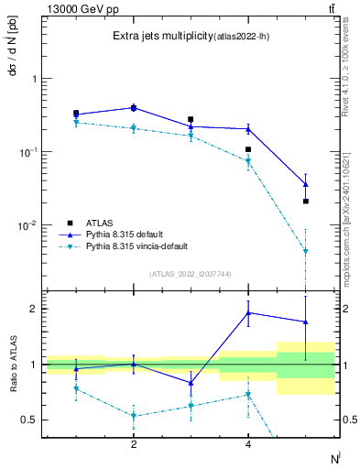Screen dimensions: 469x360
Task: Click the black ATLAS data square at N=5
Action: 306,201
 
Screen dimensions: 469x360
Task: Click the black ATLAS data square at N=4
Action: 248,149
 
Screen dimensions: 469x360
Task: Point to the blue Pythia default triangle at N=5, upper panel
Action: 306,184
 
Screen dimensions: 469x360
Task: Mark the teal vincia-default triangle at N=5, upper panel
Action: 306,251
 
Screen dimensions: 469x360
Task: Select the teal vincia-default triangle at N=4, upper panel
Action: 248,162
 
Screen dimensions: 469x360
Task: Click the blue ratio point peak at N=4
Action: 248,312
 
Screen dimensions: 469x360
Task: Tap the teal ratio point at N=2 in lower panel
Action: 134,416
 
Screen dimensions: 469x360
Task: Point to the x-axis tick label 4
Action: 248,445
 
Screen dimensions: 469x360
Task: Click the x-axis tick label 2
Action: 134,445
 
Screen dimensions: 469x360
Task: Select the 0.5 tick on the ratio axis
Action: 29,420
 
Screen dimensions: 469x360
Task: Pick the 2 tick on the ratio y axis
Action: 32,309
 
